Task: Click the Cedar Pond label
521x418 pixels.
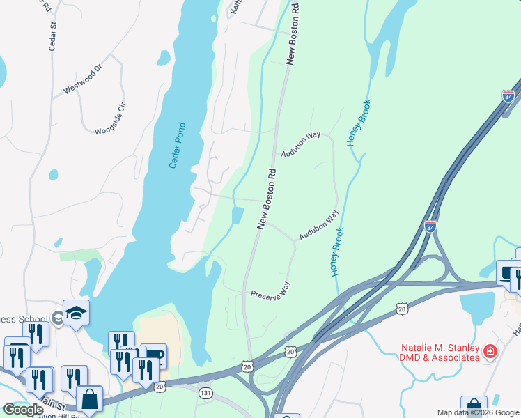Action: (178, 146)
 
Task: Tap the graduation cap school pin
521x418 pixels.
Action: (76, 313)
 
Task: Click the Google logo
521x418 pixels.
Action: (23, 410)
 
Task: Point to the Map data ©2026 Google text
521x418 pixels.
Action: (478, 412)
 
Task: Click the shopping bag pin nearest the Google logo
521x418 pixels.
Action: (89, 399)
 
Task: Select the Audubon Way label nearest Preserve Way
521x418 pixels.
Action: (318, 226)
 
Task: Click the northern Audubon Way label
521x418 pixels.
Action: (300, 144)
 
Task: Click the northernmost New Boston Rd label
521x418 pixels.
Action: (293, 33)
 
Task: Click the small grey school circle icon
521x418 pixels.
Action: (56, 318)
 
